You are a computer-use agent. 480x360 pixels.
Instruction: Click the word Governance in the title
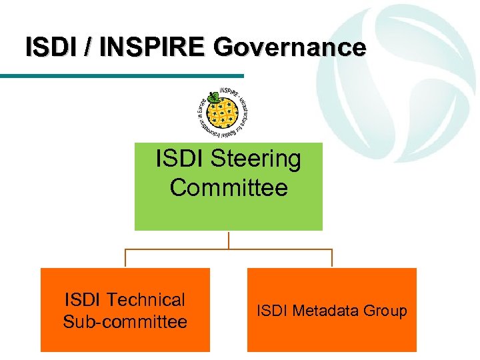click(290, 47)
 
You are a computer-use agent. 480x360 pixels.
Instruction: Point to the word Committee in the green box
click(229, 188)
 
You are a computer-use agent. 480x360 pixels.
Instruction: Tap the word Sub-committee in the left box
click(125, 322)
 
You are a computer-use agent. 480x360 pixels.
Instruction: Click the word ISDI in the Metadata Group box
click(271, 311)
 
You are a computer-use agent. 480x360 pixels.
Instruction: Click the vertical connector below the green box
click(229, 240)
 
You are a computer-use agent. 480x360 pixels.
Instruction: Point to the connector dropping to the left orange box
click(125, 259)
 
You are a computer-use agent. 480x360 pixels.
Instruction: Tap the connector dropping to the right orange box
click(332, 259)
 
